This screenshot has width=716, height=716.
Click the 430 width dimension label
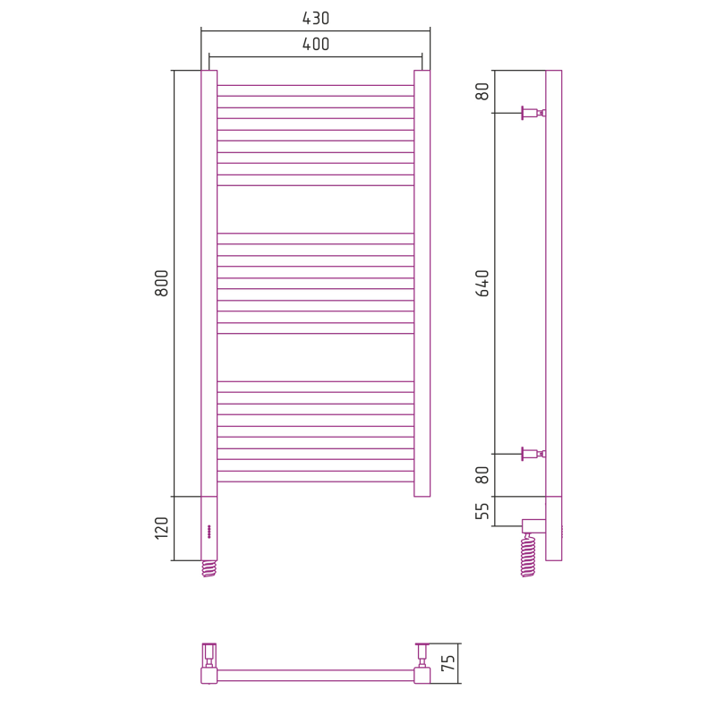pyautogui.click(x=316, y=18)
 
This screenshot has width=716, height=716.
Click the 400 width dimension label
pyautogui.click(x=316, y=44)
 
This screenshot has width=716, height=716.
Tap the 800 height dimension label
pyautogui.click(x=162, y=283)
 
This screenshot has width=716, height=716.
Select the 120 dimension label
pyautogui.click(x=162, y=528)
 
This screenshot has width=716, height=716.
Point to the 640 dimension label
pyautogui.click(x=482, y=283)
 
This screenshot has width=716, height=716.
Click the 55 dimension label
pyautogui.click(x=482, y=511)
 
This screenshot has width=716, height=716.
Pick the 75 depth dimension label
pyautogui.click(x=448, y=662)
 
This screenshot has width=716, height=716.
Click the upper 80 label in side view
pyautogui.click(x=482, y=91)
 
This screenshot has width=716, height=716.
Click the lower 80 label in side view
pyautogui.click(x=482, y=475)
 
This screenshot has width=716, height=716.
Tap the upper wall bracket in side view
pyautogui.click(x=533, y=113)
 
